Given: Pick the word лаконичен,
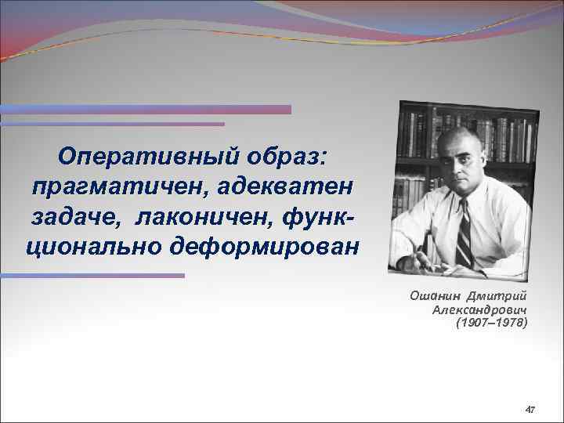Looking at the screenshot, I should [x=197, y=217].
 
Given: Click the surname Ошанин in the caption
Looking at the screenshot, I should [x=434, y=295].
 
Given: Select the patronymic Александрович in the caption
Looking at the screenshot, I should [x=479, y=309].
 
